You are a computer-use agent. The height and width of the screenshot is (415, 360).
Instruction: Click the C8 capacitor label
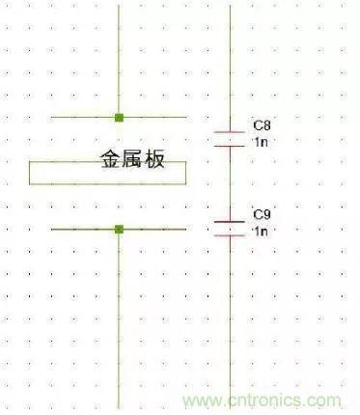click(x=262, y=125)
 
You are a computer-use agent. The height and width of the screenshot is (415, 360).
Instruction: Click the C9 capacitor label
click(x=262, y=214)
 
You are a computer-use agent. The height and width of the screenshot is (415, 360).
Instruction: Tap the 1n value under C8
click(x=262, y=142)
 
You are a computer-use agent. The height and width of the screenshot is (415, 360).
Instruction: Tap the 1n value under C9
click(x=262, y=231)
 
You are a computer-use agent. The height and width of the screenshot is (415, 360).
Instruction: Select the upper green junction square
click(x=119, y=118)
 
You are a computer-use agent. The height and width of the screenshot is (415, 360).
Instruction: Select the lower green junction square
click(x=119, y=230)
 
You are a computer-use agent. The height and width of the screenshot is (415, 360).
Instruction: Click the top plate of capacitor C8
click(x=230, y=132)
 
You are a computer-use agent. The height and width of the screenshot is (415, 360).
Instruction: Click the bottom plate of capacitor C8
click(x=230, y=147)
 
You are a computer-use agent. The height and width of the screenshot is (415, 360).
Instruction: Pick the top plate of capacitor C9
click(x=230, y=222)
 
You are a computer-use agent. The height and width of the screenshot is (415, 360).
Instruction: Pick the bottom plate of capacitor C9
click(x=230, y=235)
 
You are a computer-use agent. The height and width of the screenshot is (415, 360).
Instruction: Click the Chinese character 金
click(x=111, y=158)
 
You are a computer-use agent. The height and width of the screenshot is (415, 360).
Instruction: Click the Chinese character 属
click(x=132, y=158)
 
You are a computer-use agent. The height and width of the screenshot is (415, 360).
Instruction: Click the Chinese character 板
click(x=154, y=158)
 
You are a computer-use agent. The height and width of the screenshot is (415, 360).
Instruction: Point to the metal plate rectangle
click(x=107, y=184)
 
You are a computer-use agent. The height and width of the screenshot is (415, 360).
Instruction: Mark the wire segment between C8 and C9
click(x=230, y=184)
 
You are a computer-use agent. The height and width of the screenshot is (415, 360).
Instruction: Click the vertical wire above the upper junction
click(x=119, y=60)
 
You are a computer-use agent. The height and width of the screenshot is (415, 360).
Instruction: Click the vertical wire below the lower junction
click(x=119, y=320)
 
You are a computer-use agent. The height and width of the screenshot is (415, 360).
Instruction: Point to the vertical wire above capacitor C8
click(x=230, y=69)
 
